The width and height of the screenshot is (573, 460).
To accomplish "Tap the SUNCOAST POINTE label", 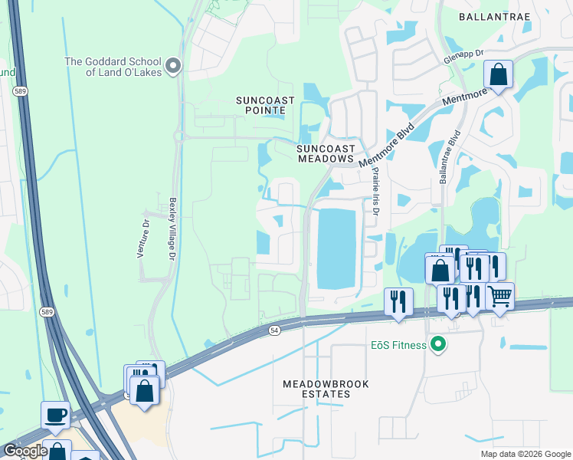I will (x=260, y=105).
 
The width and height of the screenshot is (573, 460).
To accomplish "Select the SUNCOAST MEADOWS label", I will (x=326, y=153).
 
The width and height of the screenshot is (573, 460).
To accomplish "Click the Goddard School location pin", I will (x=173, y=66).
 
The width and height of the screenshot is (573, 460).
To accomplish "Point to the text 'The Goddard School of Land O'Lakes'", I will (x=114, y=67).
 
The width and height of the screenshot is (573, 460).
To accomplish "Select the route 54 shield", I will (x=274, y=329).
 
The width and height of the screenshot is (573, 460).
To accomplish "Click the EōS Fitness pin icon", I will (x=438, y=345).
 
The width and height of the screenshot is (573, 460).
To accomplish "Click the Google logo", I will (x=25, y=451).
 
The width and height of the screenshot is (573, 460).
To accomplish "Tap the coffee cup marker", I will (x=55, y=415).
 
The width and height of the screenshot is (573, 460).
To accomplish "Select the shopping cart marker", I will (x=499, y=295).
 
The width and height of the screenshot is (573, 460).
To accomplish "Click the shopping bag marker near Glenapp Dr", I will (x=498, y=75).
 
